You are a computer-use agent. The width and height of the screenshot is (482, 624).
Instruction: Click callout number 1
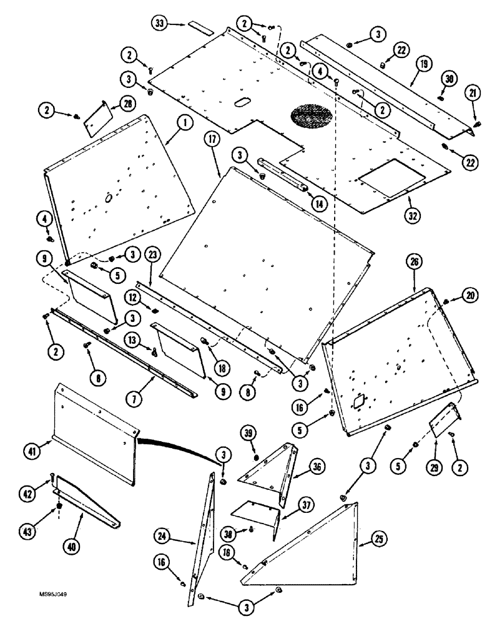(x=184, y=124)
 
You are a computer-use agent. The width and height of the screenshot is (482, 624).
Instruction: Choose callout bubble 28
(x=127, y=102)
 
